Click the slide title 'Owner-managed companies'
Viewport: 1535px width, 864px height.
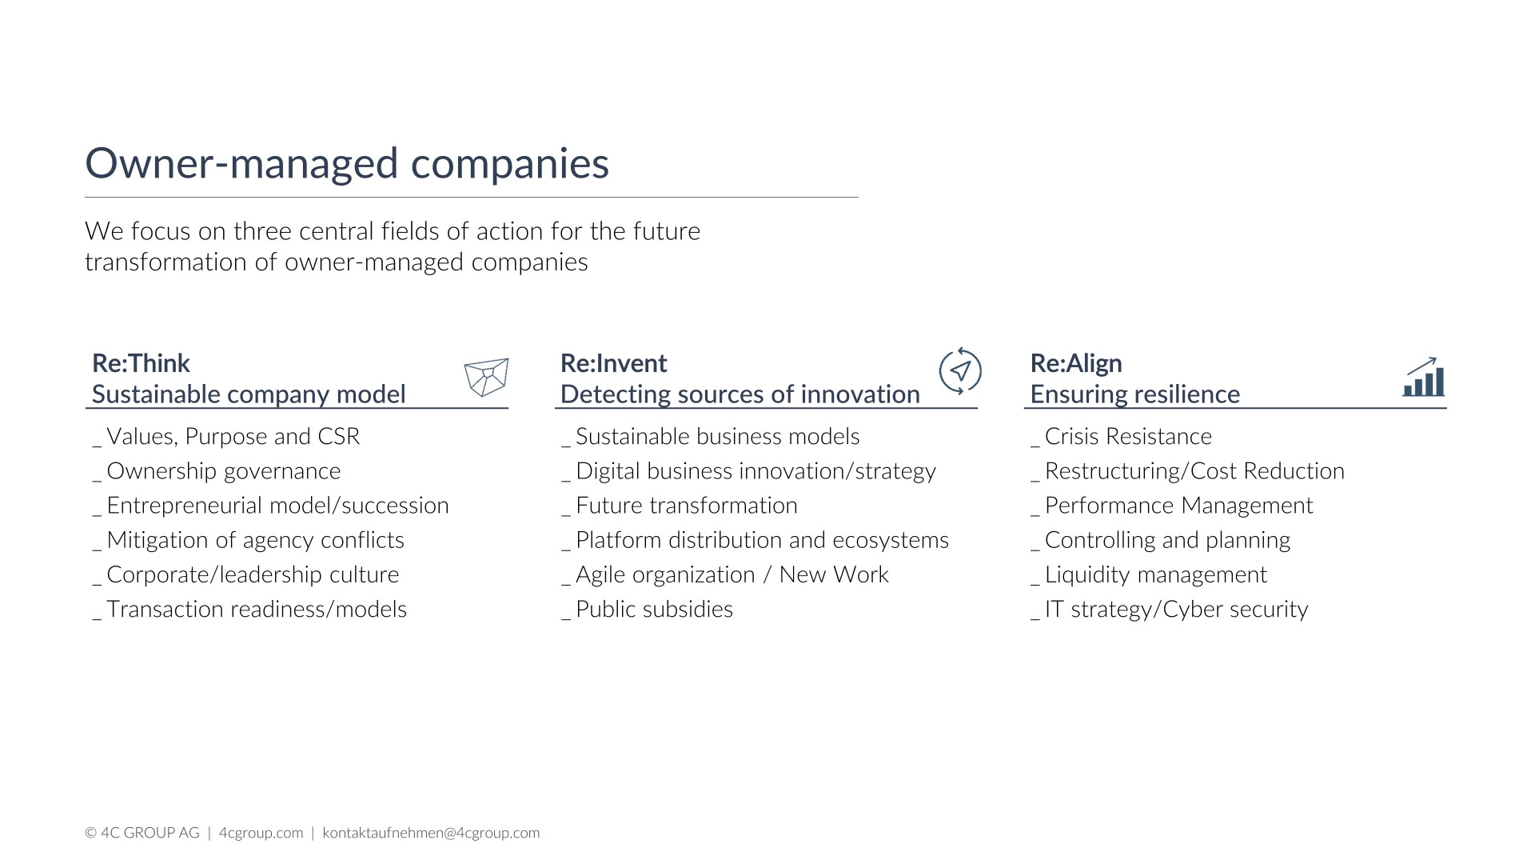tap(347, 163)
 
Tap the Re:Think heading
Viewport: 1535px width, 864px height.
tap(141, 363)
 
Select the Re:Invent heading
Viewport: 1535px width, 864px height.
tap(613, 363)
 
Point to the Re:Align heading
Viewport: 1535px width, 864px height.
tap(1076, 363)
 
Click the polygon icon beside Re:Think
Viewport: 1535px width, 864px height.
tap(486, 377)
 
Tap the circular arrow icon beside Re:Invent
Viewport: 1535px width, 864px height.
tap(959, 371)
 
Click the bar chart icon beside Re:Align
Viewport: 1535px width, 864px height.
tap(1424, 377)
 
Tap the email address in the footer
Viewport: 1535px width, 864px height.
tap(431, 833)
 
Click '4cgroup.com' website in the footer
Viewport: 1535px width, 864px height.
tap(261, 833)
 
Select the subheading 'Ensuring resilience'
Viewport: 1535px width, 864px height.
tap(1135, 394)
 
